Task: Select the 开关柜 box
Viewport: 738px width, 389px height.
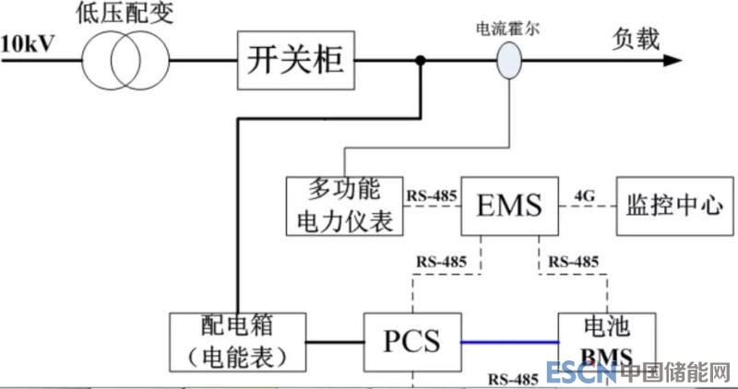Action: tap(295, 62)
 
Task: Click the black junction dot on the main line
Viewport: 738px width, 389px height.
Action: tap(421, 62)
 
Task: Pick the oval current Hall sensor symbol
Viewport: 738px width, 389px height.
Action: tap(509, 62)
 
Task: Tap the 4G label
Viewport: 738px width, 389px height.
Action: tap(585, 194)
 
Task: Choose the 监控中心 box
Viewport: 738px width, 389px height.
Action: tap(673, 206)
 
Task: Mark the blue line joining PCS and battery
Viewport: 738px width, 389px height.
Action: tap(509, 342)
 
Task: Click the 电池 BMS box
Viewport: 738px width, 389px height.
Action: tap(606, 342)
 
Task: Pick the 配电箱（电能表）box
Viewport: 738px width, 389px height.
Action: tap(239, 342)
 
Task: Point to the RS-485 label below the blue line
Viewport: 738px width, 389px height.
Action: tap(514, 378)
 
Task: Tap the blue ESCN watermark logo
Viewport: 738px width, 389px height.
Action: tap(580, 373)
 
